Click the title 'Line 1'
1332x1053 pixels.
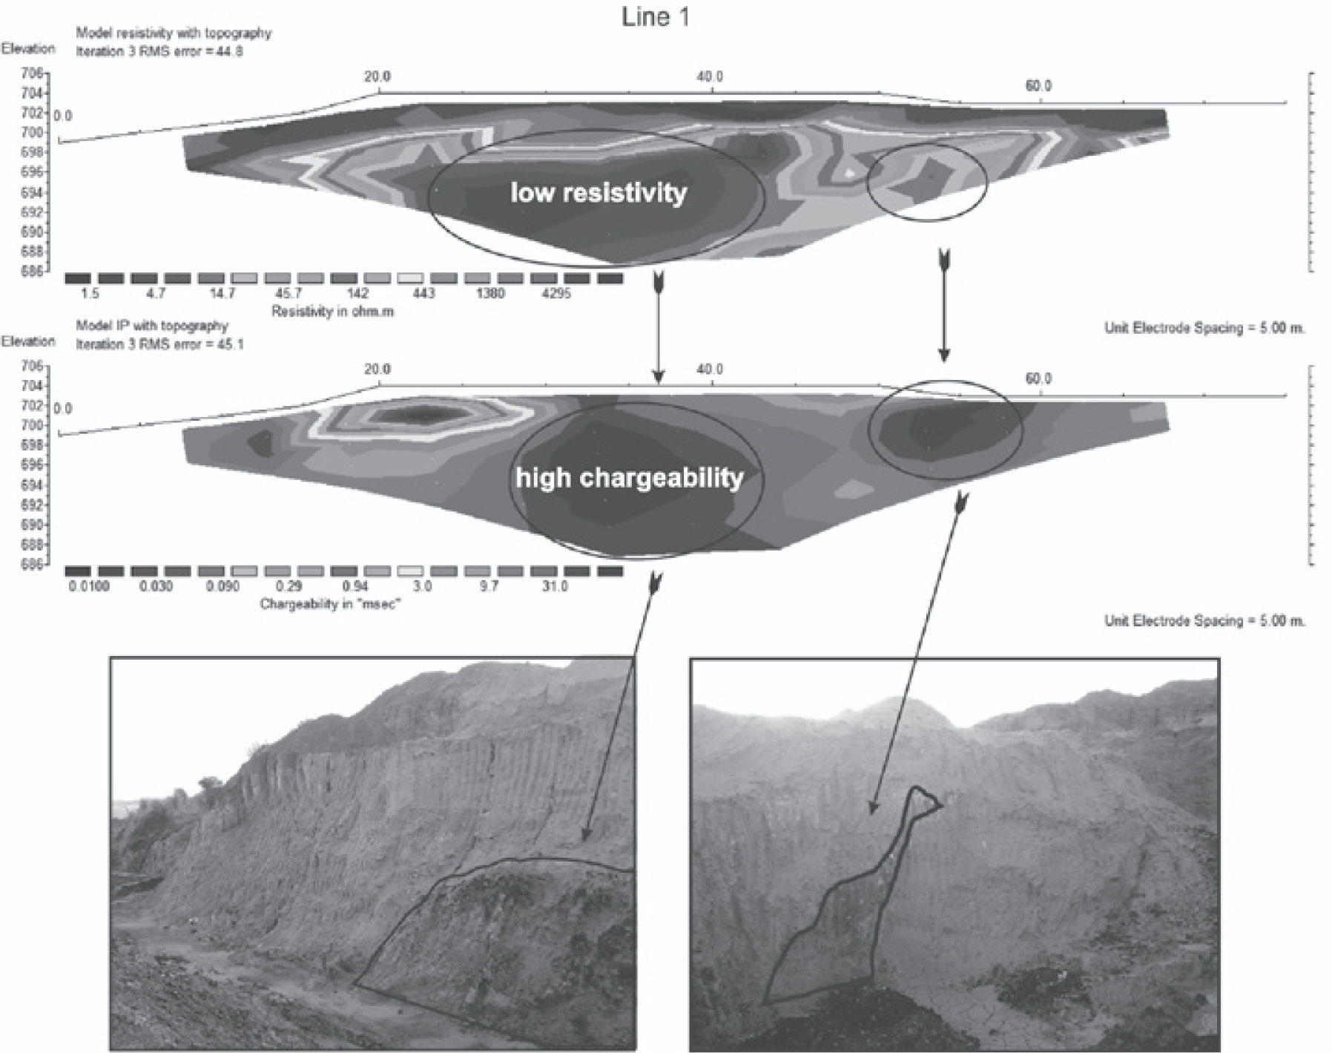click(655, 17)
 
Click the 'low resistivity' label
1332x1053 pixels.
click(598, 193)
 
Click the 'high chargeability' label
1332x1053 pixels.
click(629, 478)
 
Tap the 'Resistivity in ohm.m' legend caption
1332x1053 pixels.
click(333, 312)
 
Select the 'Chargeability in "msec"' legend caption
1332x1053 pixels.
click(331, 604)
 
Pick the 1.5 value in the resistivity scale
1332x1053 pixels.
click(90, 294)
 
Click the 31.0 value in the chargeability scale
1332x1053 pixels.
click(555, 586)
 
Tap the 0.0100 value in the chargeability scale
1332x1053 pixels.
click(88, 586)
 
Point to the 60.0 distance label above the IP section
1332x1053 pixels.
click(1038, 379)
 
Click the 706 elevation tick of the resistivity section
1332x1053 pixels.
click(35, 73)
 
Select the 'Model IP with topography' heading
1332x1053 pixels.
click(152, 326)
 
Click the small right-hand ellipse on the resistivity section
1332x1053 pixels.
click(927, 183)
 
